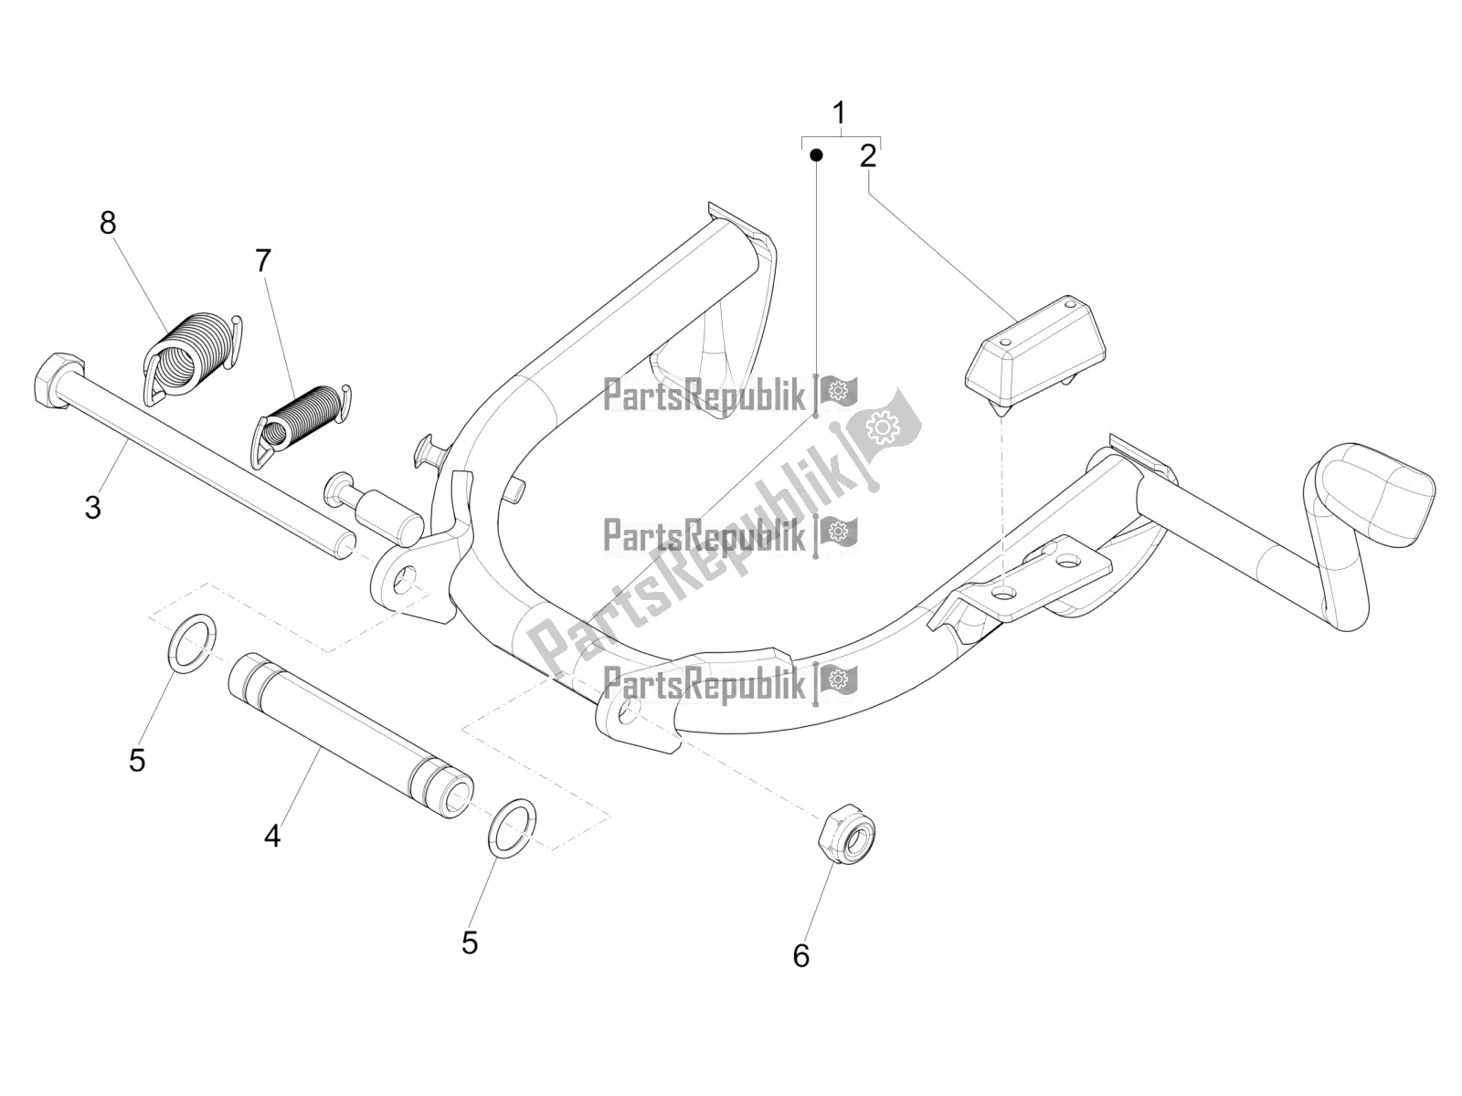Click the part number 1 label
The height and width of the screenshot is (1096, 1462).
[x=839, y=114]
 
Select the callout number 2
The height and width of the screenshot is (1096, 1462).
[x=867, y=156]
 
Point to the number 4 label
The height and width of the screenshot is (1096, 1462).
[x=272, y=835]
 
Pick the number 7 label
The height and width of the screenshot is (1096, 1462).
[x=263, y=261]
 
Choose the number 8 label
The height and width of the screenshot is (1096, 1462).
[x=108, y=222]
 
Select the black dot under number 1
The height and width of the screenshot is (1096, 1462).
[x=816, y=155]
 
